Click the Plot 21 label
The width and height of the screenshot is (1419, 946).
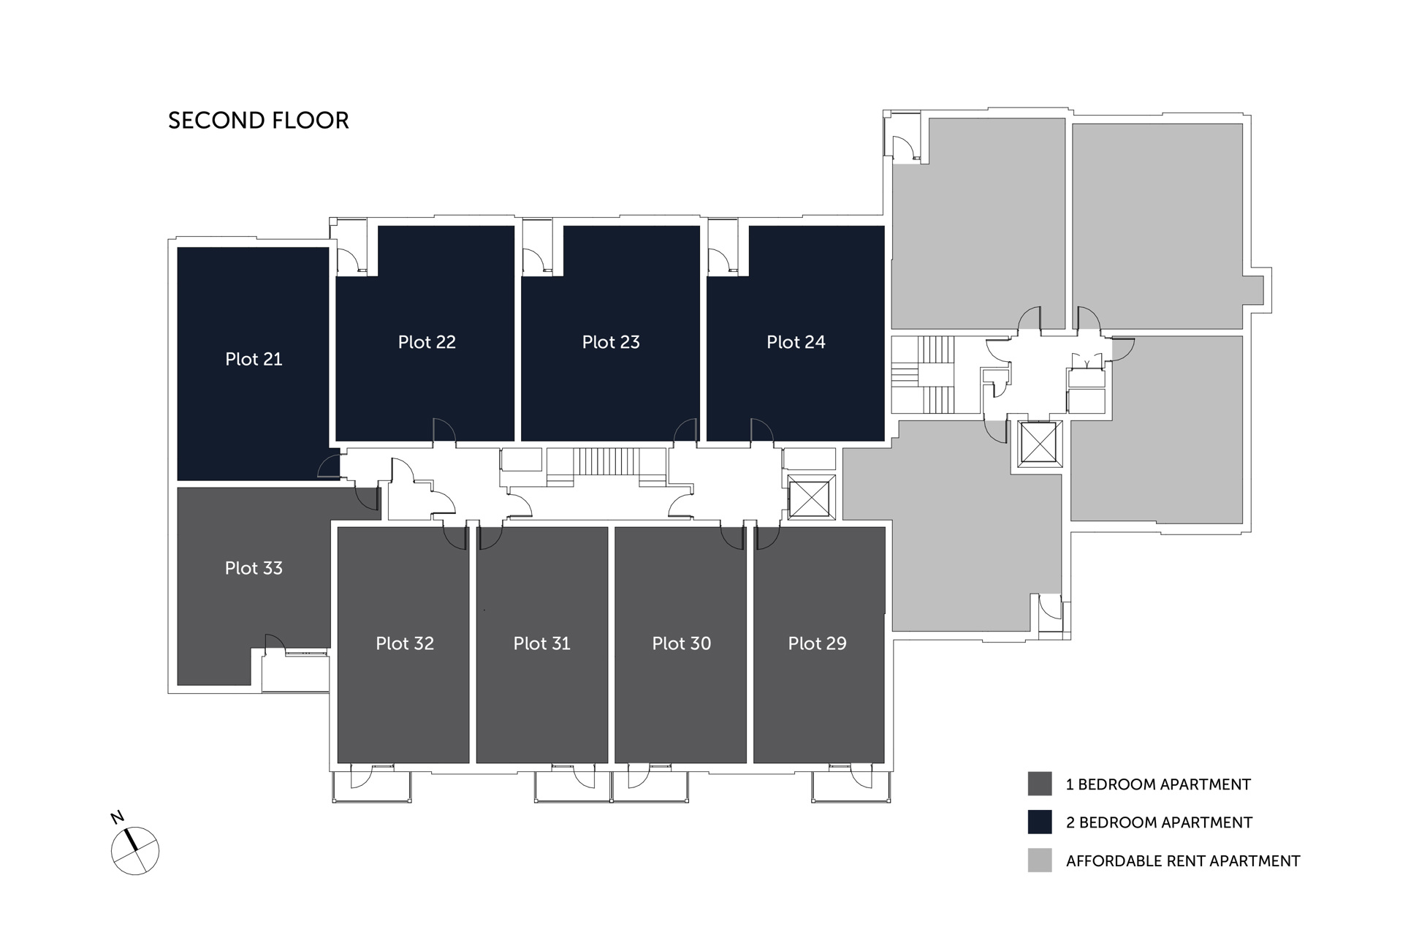pyautogui.click(x=254, y=359)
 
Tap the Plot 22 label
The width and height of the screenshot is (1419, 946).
pyautogui.click(x=427, y=342)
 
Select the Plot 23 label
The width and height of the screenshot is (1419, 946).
pyautogui.click(x=611, y=342)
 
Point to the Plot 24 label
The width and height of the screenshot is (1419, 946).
pyautogui.click(x=796, y=342)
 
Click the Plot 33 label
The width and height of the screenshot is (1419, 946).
pyautogui.click(x=254, y=568)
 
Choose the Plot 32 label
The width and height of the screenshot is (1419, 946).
pyautogui.click(x=405, y=643)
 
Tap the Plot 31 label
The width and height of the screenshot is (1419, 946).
pyautogui.click(x=541, y=643)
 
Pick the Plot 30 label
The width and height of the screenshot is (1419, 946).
pyautogui.click(x=681, y=643)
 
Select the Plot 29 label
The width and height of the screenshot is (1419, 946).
pyautogui.click(x=817, y=643)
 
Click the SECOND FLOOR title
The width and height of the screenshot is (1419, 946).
pyautogui.click(x=259, y=121)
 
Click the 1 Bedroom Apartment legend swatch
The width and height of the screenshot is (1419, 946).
pyautogui.click(x=1039, y=784)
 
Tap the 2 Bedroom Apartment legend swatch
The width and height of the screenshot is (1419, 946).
pyautogui.click(x=1039, y=822)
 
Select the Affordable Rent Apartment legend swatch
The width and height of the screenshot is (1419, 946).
pyautogui.click(x=1039, y=860)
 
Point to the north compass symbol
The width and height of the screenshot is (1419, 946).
pyautogui.click(x=135, y=851)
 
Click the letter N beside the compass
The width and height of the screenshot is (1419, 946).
pyautogui.click(x=116, y=817)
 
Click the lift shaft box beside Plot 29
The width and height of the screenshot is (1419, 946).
pyautogui.click(x=812, y=497)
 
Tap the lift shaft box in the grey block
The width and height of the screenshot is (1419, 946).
pyautogui.click(x=1038, y=444)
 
